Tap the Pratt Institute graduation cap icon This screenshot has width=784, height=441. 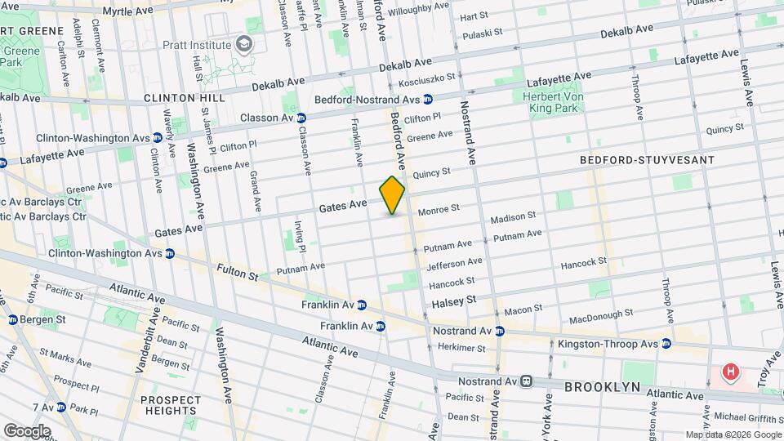pos(243,42)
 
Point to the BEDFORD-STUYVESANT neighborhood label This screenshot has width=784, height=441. pos(647,160)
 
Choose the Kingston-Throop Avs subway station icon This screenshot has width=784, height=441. pos(666,344)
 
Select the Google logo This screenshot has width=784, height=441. pos(26,430)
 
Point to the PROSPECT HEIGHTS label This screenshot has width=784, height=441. pos(171,406)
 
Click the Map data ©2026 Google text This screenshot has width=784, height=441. pos(732,434)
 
